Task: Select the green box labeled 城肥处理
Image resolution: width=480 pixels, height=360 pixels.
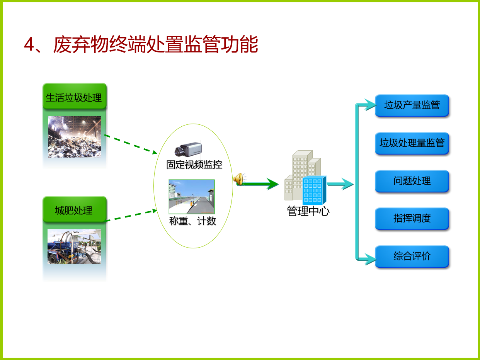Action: pos(74,209)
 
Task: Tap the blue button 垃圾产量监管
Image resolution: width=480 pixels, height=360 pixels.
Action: pos(412,105)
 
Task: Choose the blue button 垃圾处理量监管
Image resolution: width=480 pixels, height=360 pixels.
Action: pos(412,143)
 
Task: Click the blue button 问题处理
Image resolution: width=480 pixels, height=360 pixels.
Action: pos(412,181)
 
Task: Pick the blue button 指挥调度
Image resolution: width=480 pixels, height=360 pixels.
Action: pos(412,219)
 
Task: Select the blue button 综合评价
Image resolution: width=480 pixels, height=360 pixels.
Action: pos(412,256)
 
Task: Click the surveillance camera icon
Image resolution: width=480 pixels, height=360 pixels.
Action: pos(188,149)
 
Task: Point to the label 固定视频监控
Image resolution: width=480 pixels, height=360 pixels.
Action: pos(194,165)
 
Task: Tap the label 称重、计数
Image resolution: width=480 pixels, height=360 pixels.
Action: pos(192,221)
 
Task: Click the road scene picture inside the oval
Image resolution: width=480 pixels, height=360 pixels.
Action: pos(192,197)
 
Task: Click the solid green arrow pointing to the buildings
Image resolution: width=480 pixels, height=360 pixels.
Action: pos(258,184)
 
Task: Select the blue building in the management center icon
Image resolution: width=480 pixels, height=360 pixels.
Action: pos(314,190)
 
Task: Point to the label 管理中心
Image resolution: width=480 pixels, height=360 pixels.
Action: pos(308,211)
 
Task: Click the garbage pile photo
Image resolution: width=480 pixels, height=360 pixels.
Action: pos(74,137)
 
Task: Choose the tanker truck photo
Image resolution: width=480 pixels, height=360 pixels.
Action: pos(74,246)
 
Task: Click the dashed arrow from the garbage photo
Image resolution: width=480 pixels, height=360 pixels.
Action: pos(131,144)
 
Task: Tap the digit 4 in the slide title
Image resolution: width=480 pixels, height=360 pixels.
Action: pos(29,44)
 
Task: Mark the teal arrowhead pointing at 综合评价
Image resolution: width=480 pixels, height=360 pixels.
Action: pos(370,259)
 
